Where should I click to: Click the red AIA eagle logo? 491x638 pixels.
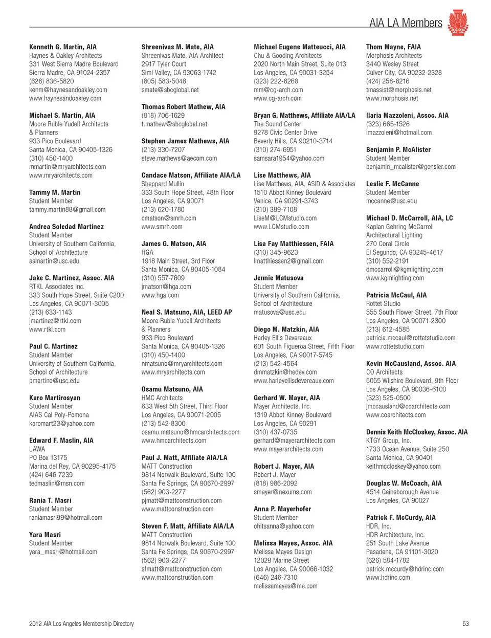(458, 23)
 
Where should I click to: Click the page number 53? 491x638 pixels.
(465, 624)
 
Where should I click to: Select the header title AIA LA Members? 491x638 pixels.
(406, 23)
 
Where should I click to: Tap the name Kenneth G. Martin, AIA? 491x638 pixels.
(63, 47)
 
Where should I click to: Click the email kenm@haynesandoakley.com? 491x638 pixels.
(68, 90)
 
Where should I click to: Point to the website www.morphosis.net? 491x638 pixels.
(392, 98)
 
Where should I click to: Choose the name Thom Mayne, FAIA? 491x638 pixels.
(393, 47)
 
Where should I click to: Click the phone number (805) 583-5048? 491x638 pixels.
(164, 81)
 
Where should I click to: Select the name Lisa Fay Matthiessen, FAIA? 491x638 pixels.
(294, 244)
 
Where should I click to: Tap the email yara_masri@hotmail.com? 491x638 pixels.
(63, 552)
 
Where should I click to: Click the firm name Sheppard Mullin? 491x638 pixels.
(163, 184)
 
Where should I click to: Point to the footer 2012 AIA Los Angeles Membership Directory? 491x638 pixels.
(81, 624)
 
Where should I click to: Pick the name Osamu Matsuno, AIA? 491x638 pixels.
(172, 389)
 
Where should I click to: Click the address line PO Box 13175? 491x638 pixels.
(48, 458)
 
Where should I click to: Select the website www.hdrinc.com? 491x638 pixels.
(388, 578)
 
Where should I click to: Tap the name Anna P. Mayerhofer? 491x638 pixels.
(282, 509)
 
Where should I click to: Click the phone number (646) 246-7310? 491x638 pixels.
(275, 578)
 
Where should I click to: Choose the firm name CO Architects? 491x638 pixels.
(384, 372)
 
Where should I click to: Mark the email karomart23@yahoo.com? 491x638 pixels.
(62, 424)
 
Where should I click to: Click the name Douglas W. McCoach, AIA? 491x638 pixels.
(404, 483)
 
